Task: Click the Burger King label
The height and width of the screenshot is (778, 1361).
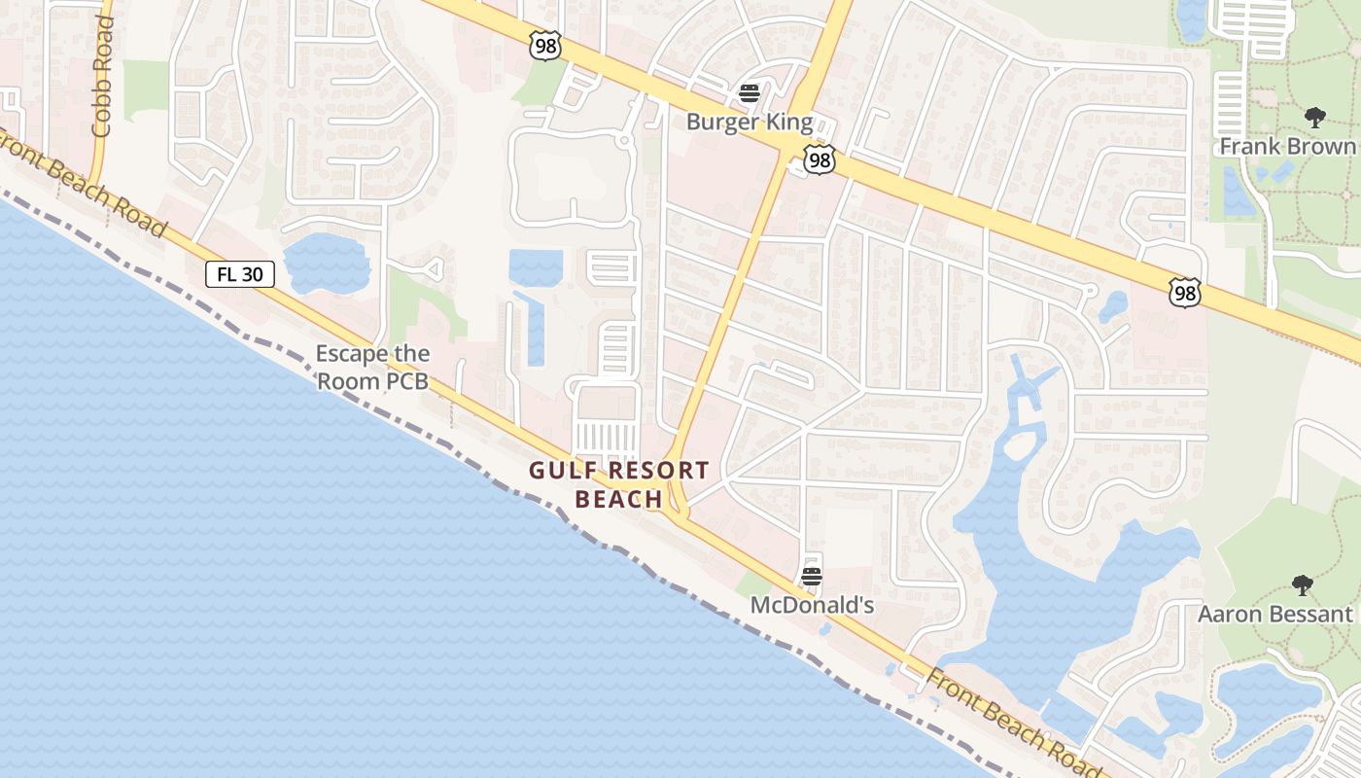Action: click(x=749, y=123)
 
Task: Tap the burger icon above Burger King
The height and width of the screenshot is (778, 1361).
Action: click(x=749, y=93)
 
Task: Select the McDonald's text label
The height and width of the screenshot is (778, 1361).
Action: click(x=812, y=606)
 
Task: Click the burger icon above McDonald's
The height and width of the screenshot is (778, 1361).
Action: click(x=812, y=577)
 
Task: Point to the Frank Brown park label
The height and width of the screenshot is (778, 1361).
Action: click(x=1287, y=147)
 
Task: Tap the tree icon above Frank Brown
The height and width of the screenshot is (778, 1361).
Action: click(x=1315, y=119)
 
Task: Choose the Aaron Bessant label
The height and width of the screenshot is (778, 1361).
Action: click(x=1274, y=615)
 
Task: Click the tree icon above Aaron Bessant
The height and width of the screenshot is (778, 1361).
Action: click(x=1302, y=585)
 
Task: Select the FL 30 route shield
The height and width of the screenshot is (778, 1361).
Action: click(x=240, y=274)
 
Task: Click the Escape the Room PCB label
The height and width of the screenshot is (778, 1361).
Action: click(x=372, y=368)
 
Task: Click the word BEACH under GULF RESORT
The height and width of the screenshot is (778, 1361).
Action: click(x=618, y=500)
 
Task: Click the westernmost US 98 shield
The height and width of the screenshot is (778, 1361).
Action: click(x=546, y=45)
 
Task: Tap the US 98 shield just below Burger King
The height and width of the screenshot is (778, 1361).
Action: click(x=820, y=159)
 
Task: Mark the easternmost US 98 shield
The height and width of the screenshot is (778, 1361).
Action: click(x=1185, y=292)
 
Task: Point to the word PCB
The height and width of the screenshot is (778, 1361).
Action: click(x=407, y=382)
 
